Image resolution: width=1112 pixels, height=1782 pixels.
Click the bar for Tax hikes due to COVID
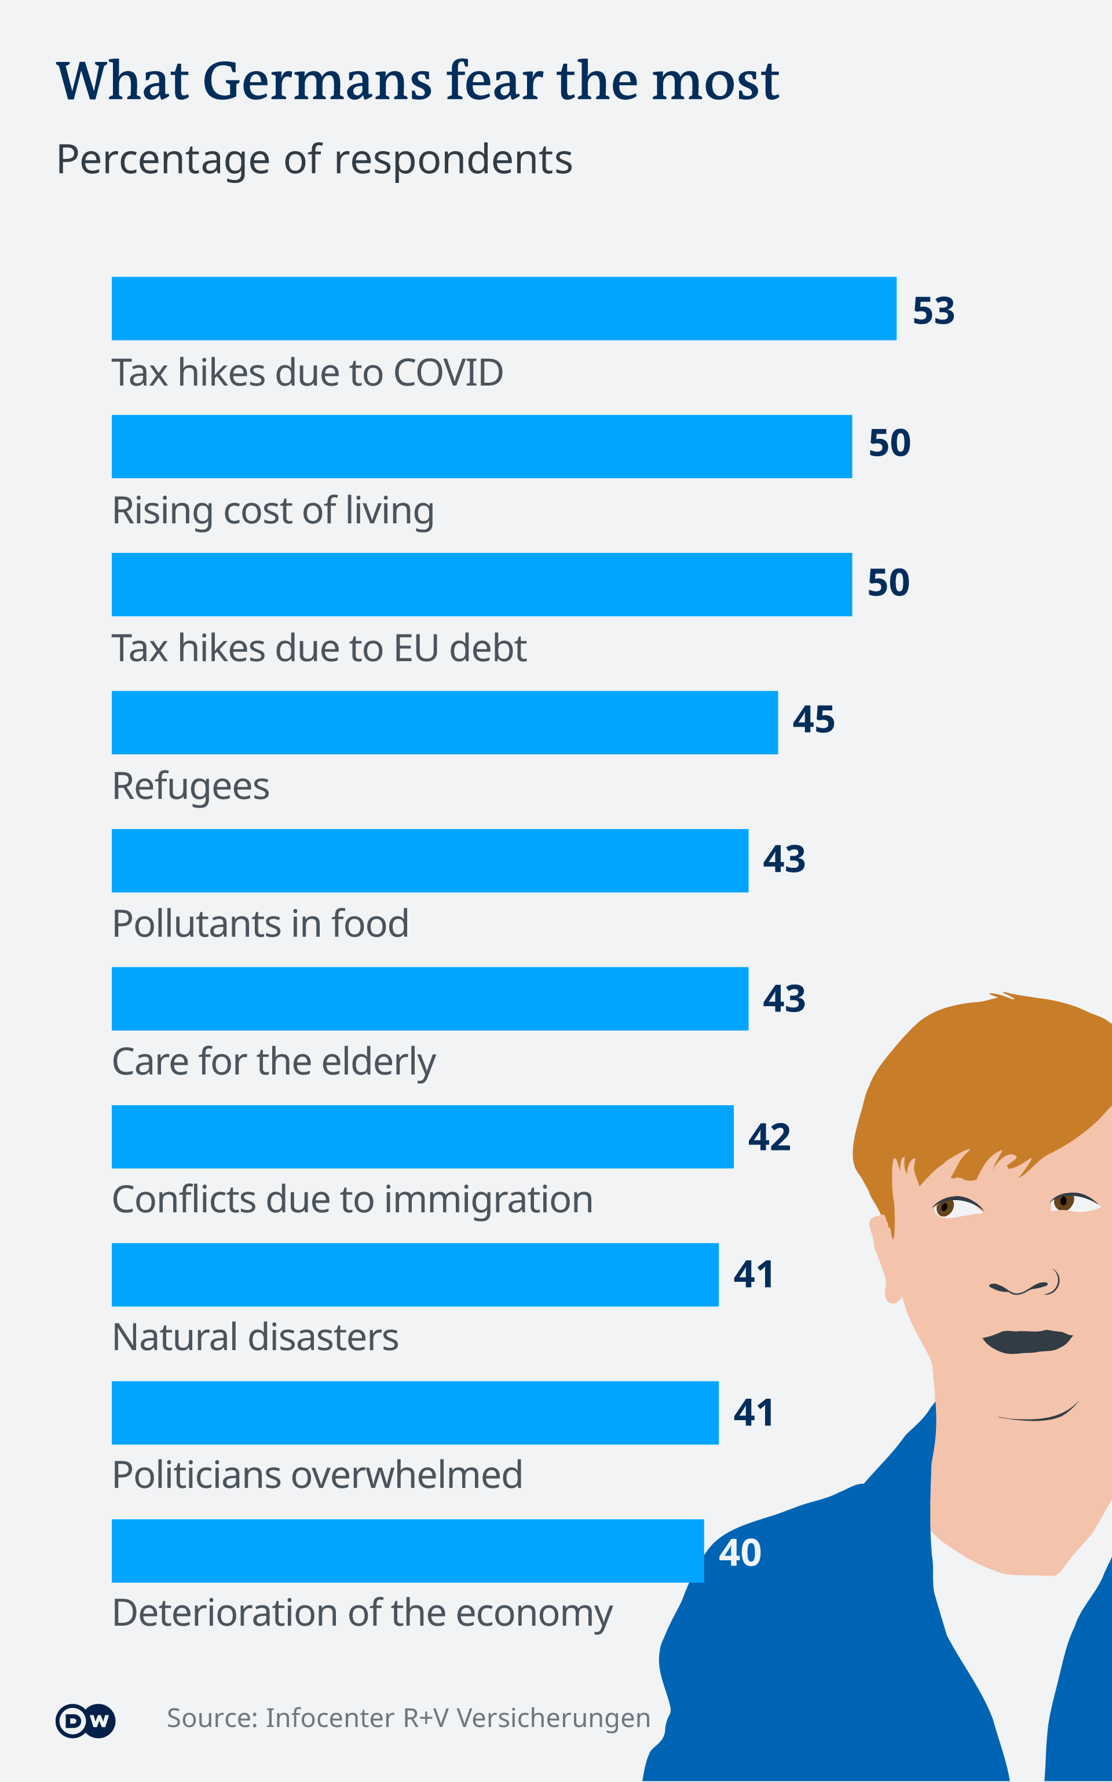pyautogui.click(x=504, y=309)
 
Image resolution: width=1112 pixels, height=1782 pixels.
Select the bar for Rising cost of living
pyautogui.click(x=482, y=446)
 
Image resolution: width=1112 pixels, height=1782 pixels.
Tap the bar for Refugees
pyautogui.click(x=444, y=722)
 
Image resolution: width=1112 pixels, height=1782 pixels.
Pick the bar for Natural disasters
pyautogui.click(x=415, y=1275)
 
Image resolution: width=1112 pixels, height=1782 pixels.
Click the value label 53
pyautogui.click(x=933, y=311)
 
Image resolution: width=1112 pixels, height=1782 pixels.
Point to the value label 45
pyautogui.click(x=813, y=720)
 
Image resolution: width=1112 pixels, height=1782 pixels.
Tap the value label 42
pyautogui.click(x=769, y=1137)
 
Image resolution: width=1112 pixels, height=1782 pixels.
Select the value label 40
pyautogui.click(x=740, y=1553)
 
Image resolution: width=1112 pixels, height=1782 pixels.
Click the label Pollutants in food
pyautogui.click(x=261, y=924)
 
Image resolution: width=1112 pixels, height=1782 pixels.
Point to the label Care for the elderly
pyautogui.click(x=273, y=1062)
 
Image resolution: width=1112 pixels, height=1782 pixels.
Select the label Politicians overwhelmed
pyautogui.click(x=317, y=1475)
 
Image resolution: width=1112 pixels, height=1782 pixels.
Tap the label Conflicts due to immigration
pyautogui.click(x=352, y=1200)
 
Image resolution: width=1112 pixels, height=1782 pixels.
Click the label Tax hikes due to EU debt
pyautogui.click(x=319, y=648)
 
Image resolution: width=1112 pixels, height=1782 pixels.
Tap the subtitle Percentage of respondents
pyautogui.click(x=314, y=160)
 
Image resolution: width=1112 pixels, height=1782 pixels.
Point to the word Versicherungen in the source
pyautogui.click(x=553, y=1719)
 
